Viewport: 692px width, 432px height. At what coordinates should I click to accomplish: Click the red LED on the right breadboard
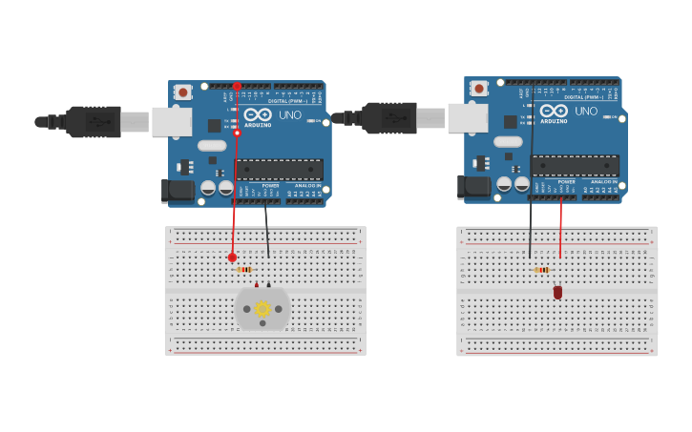pos(557,292)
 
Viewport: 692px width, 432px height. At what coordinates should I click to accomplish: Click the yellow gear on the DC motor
pos(262,309)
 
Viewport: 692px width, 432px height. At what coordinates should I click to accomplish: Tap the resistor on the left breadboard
pos(244,270)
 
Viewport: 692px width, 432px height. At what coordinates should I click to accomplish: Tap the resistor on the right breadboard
pos(541,270)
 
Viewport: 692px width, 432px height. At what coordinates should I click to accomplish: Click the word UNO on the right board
pos(586,112)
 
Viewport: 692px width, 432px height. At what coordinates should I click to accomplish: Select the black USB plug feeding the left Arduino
pos(93,122)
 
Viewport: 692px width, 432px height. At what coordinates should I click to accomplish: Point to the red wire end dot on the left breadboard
pos(232,257)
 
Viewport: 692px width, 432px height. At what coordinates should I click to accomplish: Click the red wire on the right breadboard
pos(560,229)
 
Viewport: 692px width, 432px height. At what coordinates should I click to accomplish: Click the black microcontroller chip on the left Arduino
pos(279,169)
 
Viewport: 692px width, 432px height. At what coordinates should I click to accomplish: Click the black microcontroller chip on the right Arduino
pos(575,165)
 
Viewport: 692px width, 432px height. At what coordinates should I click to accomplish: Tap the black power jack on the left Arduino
pos(178,190)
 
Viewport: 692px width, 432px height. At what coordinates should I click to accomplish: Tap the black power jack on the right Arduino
pos(473,186)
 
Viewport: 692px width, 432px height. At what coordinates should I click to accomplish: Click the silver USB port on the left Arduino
pos(172,121)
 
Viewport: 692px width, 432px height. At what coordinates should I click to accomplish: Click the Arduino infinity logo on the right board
pos(554,111)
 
